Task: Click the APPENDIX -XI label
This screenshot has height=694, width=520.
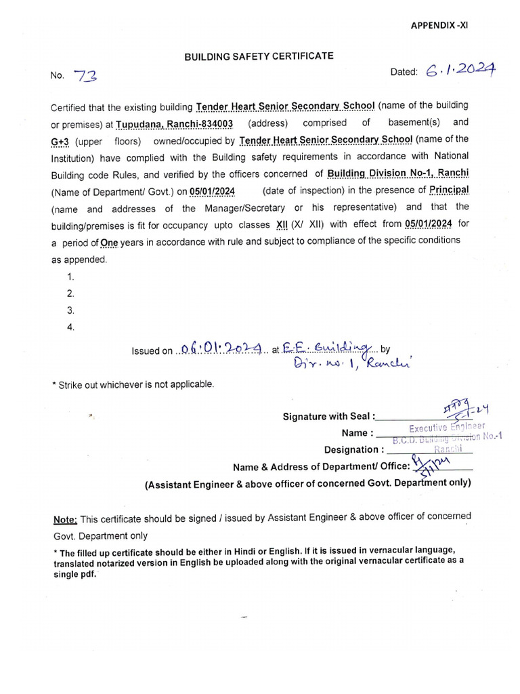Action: tap(440, 26)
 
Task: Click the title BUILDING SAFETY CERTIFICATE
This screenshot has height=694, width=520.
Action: tap(259, 58)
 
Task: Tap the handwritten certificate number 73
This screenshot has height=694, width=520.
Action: tap(86, 77)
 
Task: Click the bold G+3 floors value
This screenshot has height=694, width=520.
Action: tap(62, 140)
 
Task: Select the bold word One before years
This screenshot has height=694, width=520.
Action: tap(110, 241)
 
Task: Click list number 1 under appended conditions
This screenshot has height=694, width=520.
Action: tap(70, 277)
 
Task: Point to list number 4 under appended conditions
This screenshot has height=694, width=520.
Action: tap(70, 327)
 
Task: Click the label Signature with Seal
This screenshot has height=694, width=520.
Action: tap(328, 417)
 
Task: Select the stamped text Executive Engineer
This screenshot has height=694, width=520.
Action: tap(447, 428)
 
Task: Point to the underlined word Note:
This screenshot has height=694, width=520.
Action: tap(66, 519)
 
